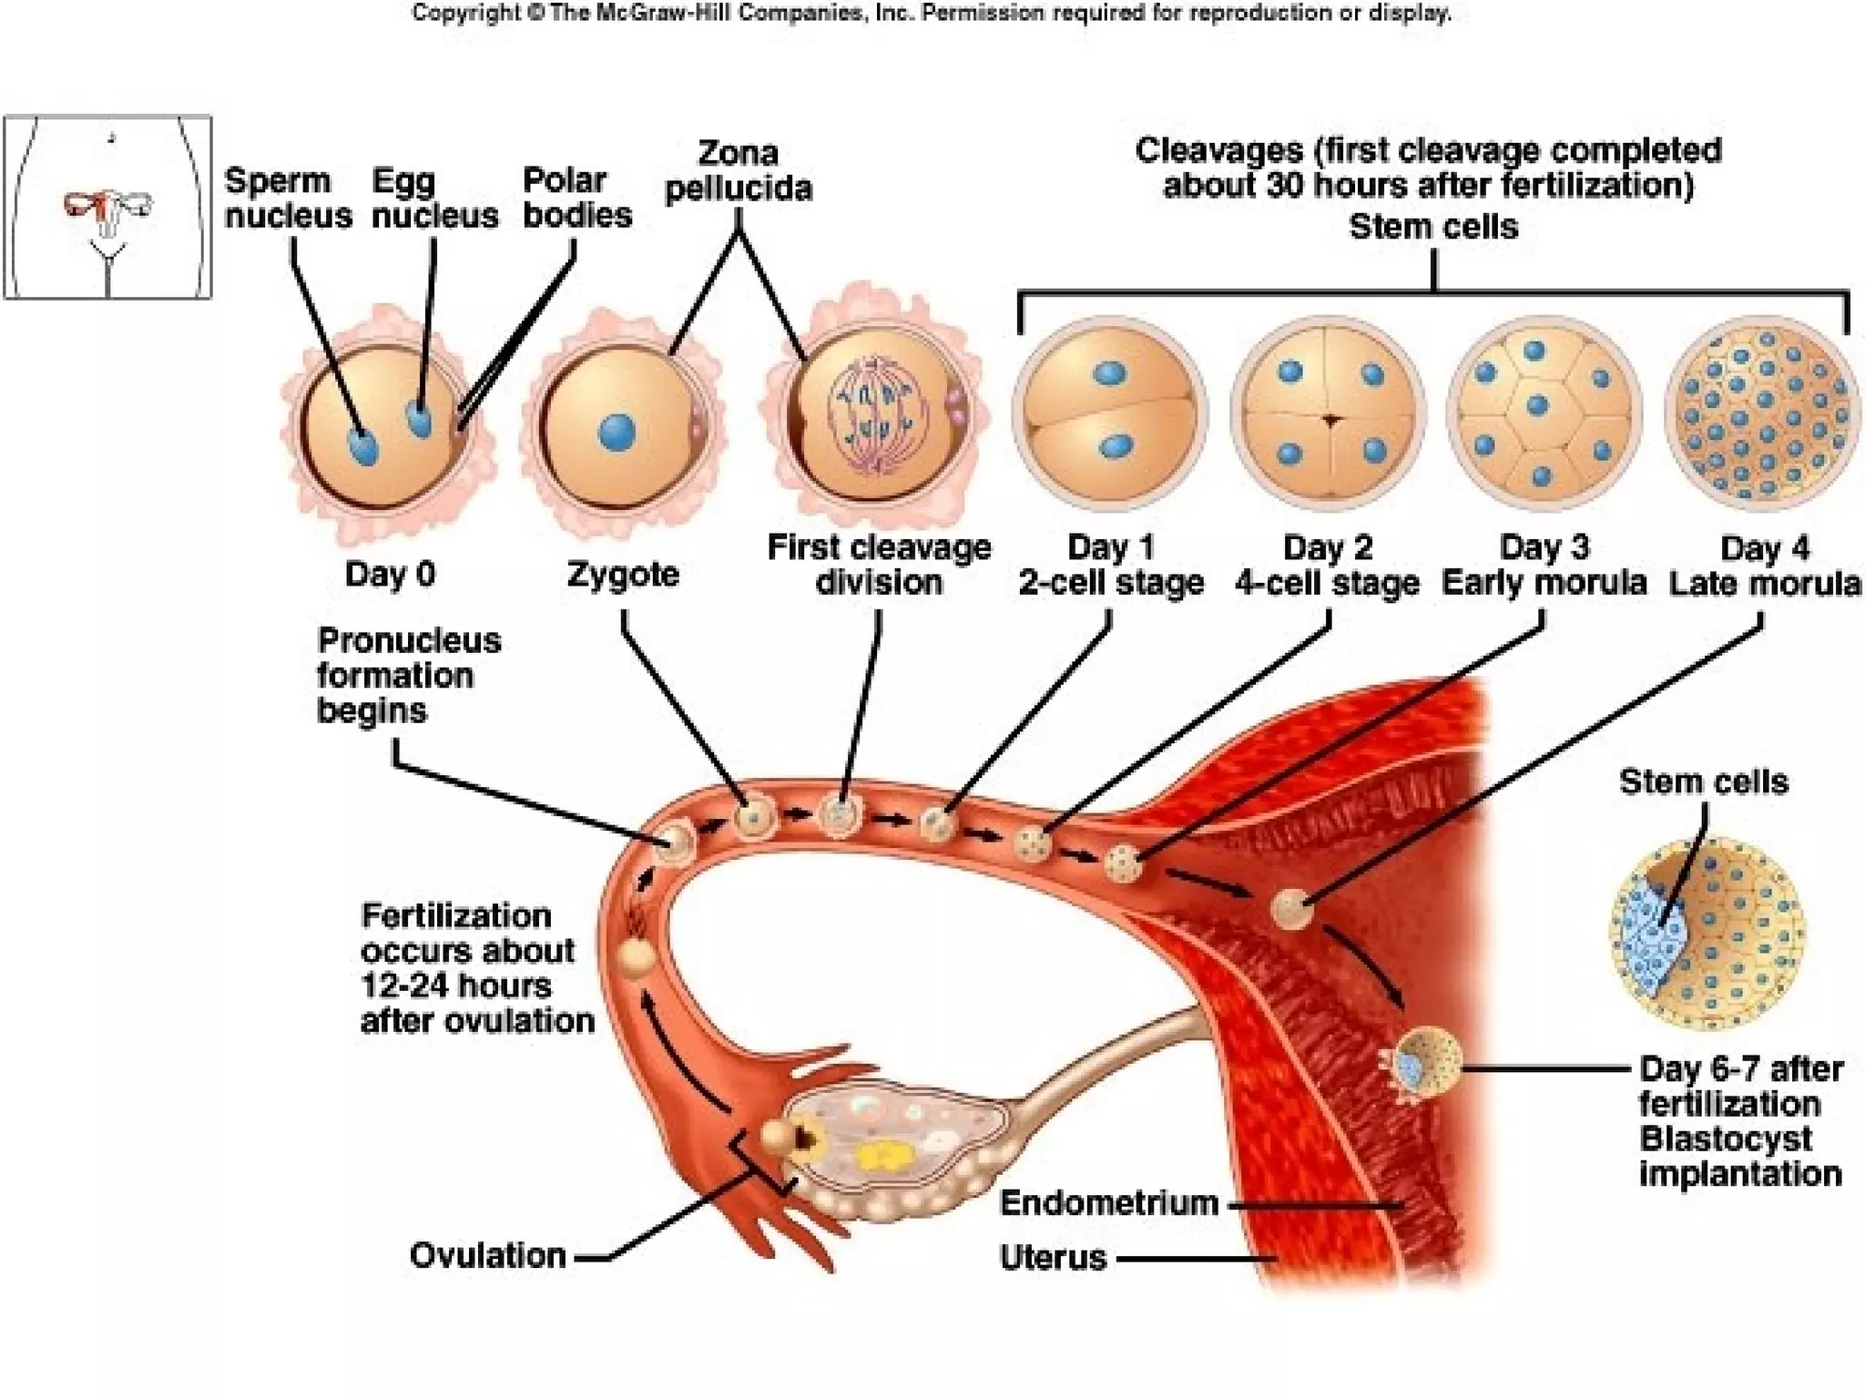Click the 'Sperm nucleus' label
tap(288, 199)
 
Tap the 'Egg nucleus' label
tap(434, 199)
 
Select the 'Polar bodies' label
tap(576, 198)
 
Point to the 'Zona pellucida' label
tap(738, 170)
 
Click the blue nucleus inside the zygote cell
tap(617, 432)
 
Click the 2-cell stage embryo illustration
tap(1110, 412)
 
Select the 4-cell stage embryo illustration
tap(1329, 413)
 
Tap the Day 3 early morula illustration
tap(1544, 413)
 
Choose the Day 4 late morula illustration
tap(1762, 413)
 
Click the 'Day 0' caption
tap(390, 574)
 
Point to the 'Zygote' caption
tap(623, 575)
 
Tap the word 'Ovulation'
tap(488, 1256)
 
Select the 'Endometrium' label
tap(1108, 1203)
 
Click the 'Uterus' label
tap(1053, 1258)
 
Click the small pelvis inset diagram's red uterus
tap(107, 208)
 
